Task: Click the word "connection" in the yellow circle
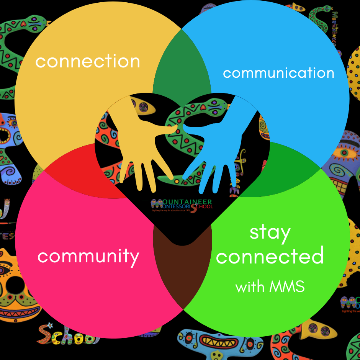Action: tap(88, 62)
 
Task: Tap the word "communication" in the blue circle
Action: tap(278, 73)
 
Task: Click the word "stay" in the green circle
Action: tap(270, 232)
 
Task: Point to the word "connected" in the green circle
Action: tap(270, 256)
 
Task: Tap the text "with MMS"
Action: tap(270, 286)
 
